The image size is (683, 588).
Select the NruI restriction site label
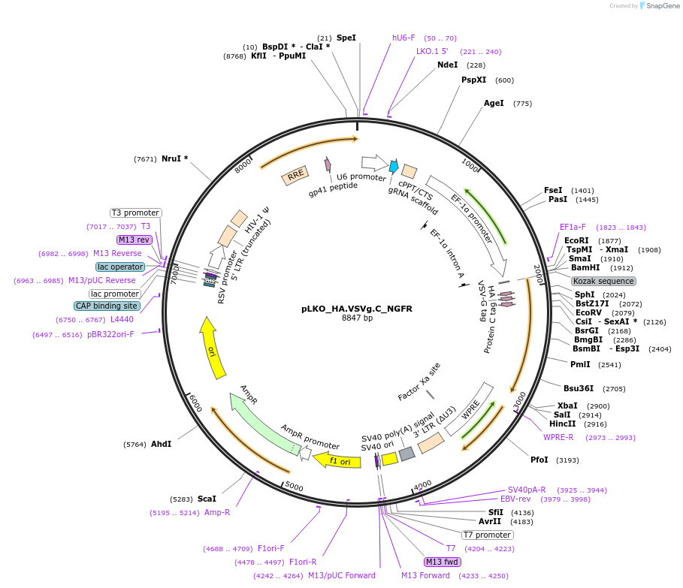click(x=174, y=158)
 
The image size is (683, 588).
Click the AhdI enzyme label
click(x=162, y=444)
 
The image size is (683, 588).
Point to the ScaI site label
click(x=207, y=498)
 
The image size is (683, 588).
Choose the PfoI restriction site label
click(x=539, y=460)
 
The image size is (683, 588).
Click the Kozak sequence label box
click(x=603, y=281)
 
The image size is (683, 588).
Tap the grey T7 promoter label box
click(x=487, y=535)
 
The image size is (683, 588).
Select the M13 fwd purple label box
click(x=443, y=562)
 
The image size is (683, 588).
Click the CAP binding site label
click(x=107, y=306)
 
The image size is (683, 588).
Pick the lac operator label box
click(x=120, y=267)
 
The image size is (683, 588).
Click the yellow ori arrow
click(x=213, y=348)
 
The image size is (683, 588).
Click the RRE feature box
click(x=295, y=175)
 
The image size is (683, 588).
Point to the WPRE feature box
click(x=469, y=409)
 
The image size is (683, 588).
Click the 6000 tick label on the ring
click(x=195, y=403)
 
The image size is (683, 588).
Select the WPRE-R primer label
click(x=558, y=437)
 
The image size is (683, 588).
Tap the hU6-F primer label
click(x=403, y=38)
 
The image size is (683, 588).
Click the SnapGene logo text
click(x=661, y=6)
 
